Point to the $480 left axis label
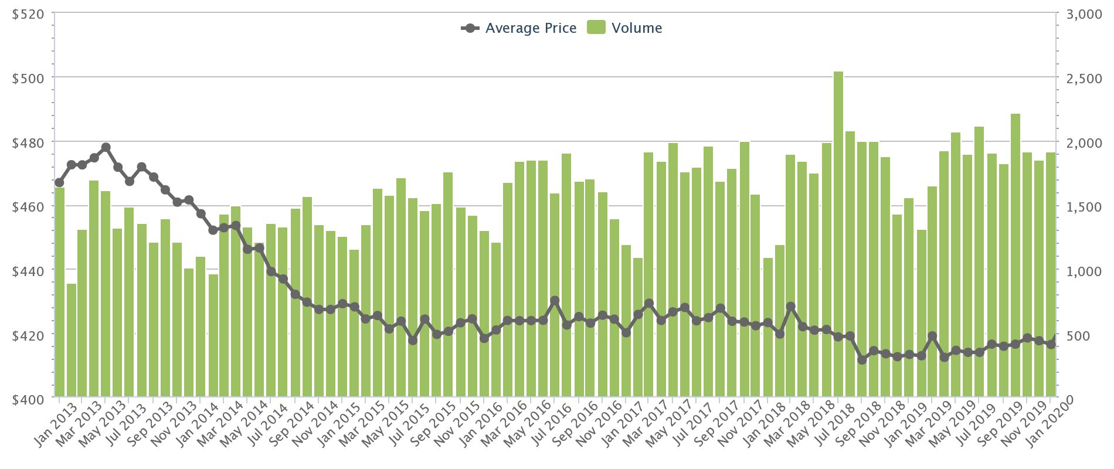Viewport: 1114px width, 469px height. (x=28, y=142)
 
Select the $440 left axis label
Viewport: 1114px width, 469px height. (x=28, y=271)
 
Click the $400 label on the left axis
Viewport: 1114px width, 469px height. (x=28, y=399)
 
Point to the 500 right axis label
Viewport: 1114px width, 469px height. (x=1086, y=335)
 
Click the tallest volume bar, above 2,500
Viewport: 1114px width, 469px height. (x=838, y=235)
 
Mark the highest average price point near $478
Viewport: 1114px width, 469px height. (x=106, y=147)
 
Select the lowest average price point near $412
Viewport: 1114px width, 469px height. (x=862, y=359)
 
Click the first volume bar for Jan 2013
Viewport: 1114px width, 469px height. (x=60, y=293)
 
